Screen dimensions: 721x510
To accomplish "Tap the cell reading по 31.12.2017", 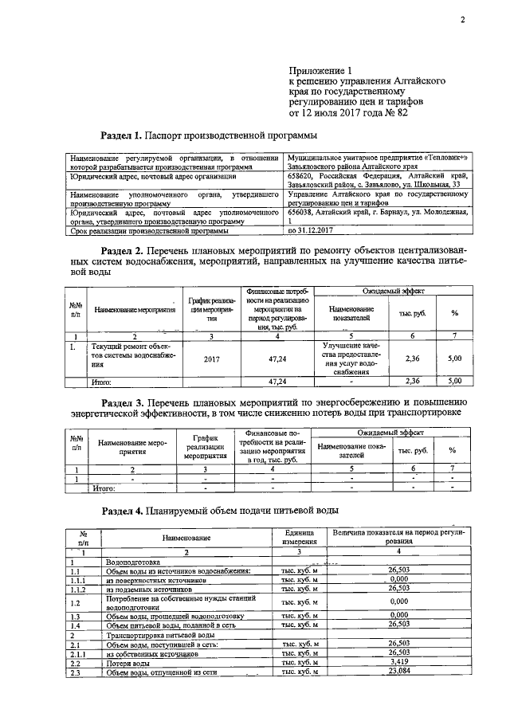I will (x=312, y=231).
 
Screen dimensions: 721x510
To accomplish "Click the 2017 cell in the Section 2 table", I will (x=211, y=359).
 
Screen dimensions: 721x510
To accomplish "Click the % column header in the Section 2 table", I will (x=454, y=313).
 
